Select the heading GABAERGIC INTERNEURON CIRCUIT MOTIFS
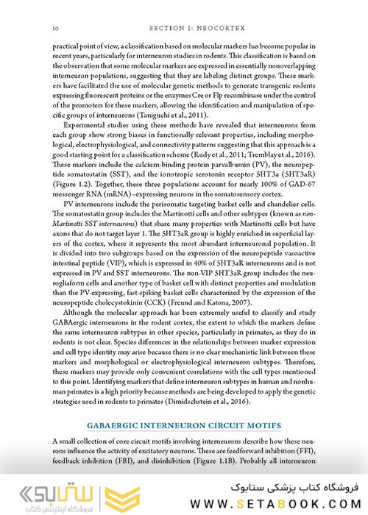click(184, 425)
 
